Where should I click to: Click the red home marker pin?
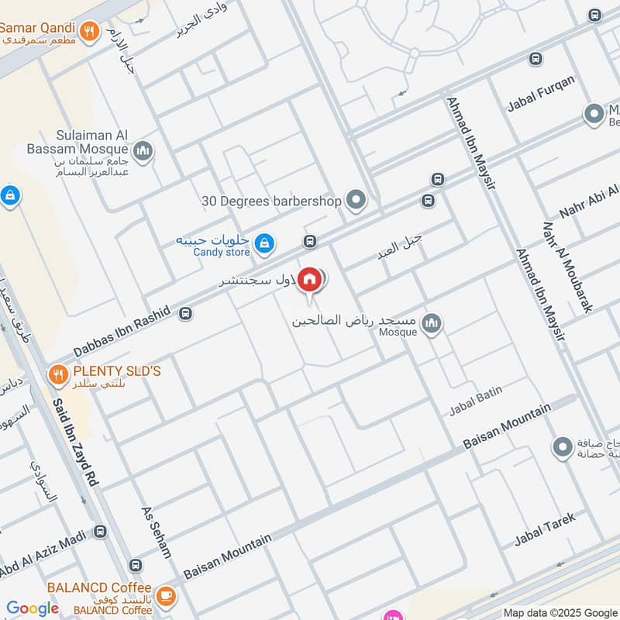tap(309, 279)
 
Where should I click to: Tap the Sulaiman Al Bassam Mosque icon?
tap(142, 150)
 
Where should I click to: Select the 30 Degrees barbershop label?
tap(271, 201)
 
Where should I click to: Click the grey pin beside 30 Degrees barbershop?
tap(356, 201)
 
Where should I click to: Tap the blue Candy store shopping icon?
tap(265, 243)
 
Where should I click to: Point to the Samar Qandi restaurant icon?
tap(91, 32)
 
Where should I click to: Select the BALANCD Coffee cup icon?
tap(164, 595)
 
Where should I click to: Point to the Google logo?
tap(33, 608)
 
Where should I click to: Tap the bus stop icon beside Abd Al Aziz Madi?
tap(100, 532)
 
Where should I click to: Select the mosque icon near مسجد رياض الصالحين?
tap(432, 322)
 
